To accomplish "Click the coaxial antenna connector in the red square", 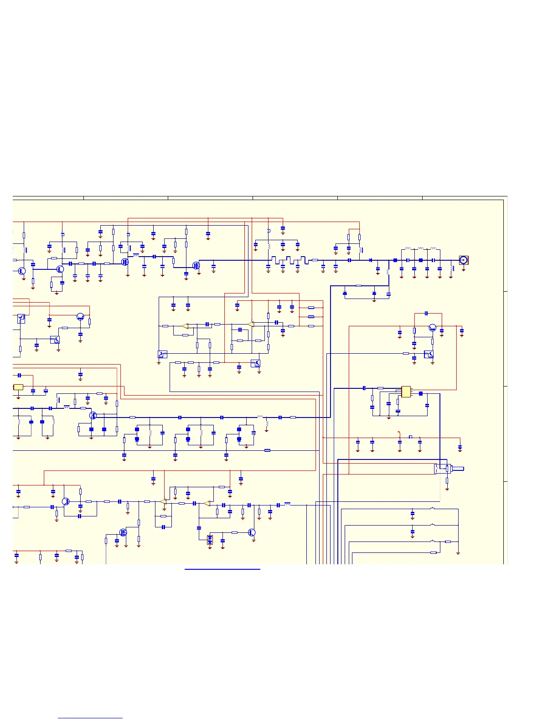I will click(463, 260).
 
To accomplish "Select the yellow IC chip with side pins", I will click(406, 392).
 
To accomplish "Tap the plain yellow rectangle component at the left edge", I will click(18, 387).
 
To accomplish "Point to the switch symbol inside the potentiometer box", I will click(437, 468).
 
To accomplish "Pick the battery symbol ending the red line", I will click(460, 448).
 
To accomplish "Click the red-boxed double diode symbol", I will click(210, 540).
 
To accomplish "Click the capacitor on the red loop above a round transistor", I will click(426, 313).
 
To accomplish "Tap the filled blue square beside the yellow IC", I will click(421, 393).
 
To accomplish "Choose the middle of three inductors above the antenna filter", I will click(420, 249).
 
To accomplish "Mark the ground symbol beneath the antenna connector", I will click(464, 269).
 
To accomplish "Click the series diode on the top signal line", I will click(371, 260).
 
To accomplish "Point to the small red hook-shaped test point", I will click(399, 432).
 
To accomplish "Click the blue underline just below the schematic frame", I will click(222, 569).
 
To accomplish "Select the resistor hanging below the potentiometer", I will click(447, 481).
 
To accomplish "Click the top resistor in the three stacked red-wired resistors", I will click(311, 308).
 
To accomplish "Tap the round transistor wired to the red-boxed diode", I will click(252, 532).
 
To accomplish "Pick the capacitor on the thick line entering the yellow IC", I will click(364, 388).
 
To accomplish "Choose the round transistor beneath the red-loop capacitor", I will click(433, 327).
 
